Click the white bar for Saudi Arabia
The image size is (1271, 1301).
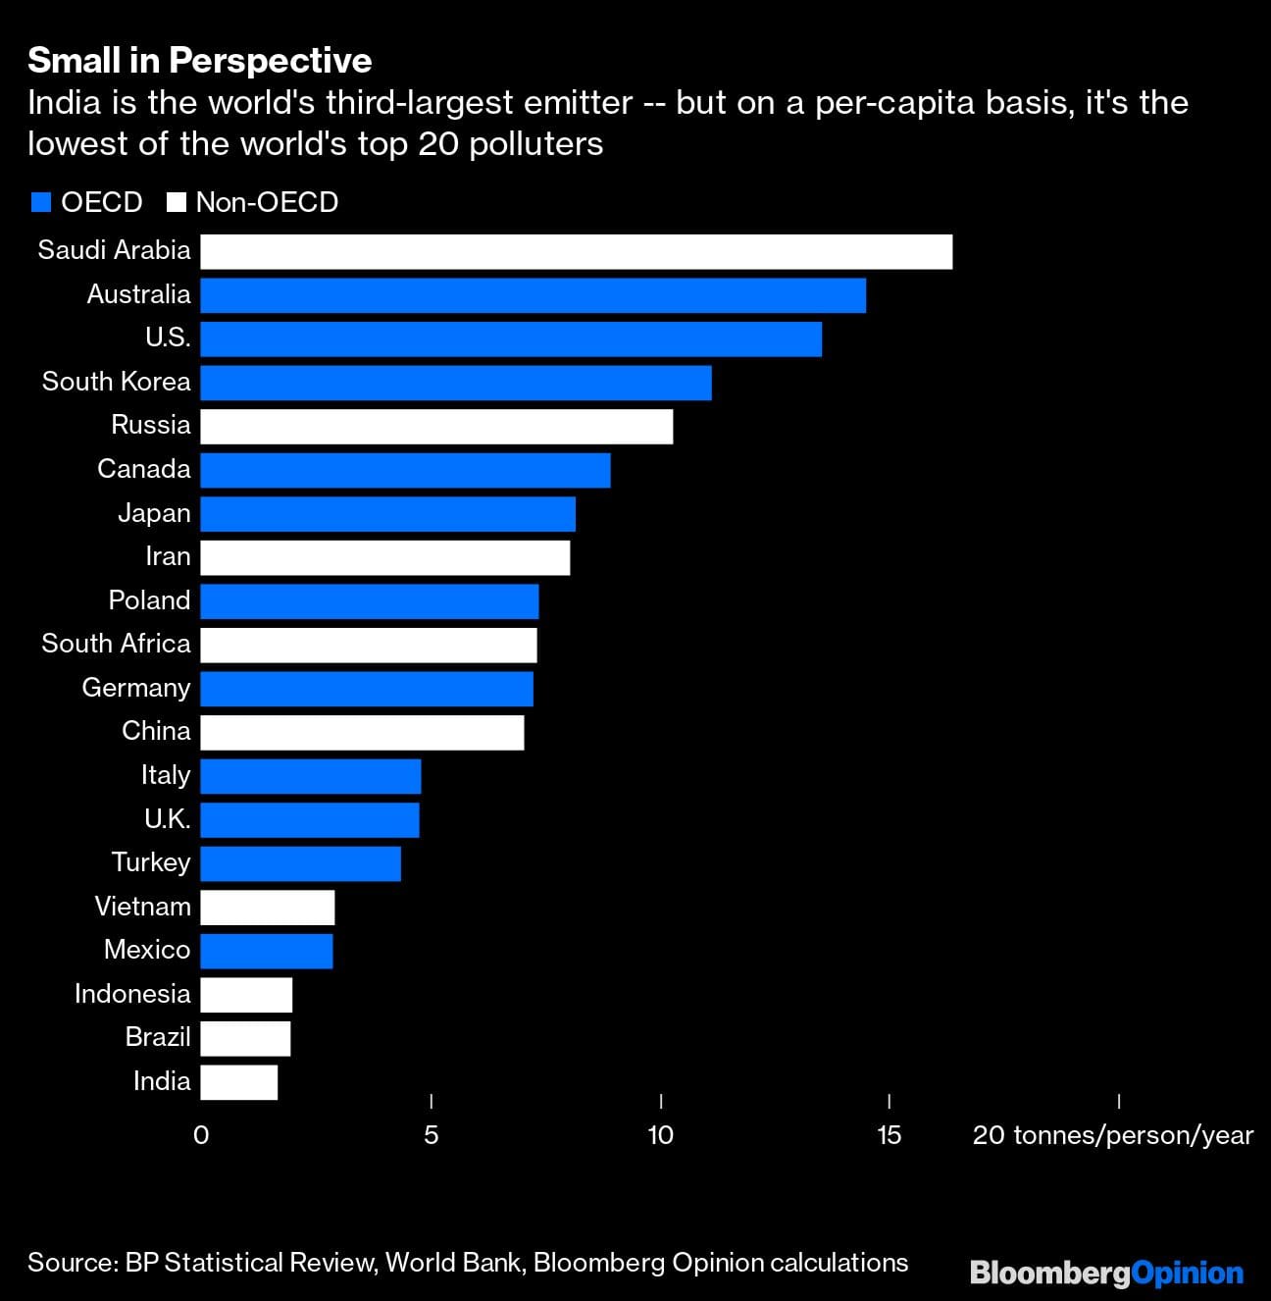tap(577, 251)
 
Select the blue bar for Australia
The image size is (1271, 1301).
tap(534, 295)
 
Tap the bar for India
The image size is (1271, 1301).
tap(239, 1082)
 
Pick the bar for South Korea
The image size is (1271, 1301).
tap(456, 383)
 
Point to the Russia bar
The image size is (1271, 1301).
tap(436, 427)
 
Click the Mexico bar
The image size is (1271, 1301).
tap(267, 951)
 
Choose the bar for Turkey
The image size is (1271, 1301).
tap(301, 863)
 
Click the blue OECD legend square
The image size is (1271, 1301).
tap(40, 203)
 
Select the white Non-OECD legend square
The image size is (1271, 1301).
tap(177, 203)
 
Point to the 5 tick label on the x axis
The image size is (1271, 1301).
tap(432, 1135)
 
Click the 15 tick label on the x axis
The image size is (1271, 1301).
tap(889, 1135)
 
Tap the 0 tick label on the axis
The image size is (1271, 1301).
tap(201, 1135)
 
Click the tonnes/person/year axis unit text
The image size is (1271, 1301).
tap(1133, 1135)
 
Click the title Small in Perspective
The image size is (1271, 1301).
tap(200, 61)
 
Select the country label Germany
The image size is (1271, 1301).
tap(136, 688)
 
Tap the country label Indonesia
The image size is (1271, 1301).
tap(132, 994)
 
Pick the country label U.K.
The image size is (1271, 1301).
tap(168, 819)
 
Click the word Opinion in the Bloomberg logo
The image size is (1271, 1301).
tap(1188, 1274)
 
